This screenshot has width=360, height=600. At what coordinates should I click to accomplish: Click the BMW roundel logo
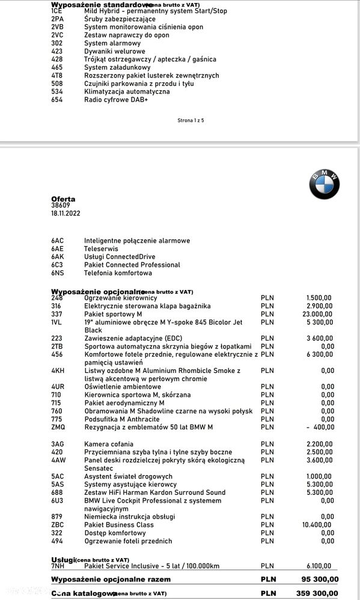click(325, 184)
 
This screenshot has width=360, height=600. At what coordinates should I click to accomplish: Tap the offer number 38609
click(61, 205)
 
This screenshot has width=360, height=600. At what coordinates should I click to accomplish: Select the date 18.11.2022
click(66, 213)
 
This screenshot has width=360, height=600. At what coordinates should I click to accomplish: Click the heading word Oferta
click(64, 199)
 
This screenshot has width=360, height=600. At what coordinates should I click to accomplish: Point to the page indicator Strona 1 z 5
click(191, 120)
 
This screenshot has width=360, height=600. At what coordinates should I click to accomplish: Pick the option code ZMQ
click(58, 427)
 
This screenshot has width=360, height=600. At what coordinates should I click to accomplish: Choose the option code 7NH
click(58, 566)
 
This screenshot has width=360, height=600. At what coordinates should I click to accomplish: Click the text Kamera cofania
click(108, 444)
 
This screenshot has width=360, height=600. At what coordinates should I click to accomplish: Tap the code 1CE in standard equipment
click(57, 11)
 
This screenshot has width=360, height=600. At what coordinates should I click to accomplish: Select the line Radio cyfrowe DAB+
click(116, 100)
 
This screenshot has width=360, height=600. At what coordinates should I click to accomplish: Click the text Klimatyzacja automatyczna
click(127, 92)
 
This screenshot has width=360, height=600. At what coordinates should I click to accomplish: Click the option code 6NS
click(58, 273)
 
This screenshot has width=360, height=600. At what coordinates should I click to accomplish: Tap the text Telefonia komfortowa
click(118, 273)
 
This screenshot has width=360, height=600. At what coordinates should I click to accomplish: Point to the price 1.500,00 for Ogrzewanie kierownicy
click(319, 298)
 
